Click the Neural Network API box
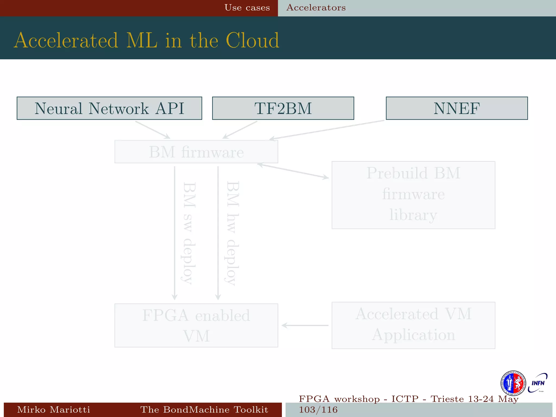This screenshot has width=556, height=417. (x=109, y=108)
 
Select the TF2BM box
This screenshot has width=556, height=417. (x=283, y=108)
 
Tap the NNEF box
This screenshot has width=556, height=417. (x=457, y=108)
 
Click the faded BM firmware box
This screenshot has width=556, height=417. (x=196, y=152)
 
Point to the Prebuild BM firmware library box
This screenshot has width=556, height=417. (x=413, y=195)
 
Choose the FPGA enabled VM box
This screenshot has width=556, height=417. (x=196, y=325)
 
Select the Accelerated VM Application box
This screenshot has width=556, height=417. (x=413, y=325)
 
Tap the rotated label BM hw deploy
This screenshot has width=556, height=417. (x=232, y=233)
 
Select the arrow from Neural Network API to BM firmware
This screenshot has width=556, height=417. (x=153, y=130)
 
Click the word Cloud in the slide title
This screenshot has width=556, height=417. (x=252, y=40)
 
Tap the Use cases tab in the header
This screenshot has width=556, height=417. (x=247, y=8)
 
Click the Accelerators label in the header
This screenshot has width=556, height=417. (x=316, y=8)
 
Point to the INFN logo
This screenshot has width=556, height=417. (x=538, y=383)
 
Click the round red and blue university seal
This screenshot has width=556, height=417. (x=513, y=383)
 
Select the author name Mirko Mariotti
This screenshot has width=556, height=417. (x=53, y=409)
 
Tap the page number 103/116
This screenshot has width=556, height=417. (x=318, y=410)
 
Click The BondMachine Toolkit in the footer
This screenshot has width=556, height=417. (x=204, y=409)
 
